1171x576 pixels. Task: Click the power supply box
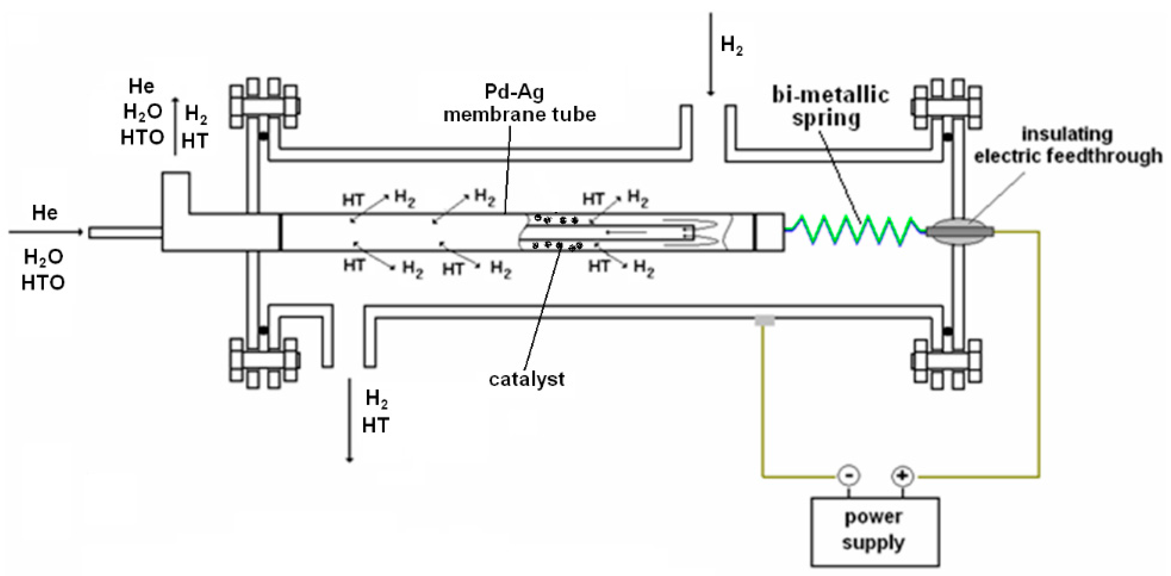875,532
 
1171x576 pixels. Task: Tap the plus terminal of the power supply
902,476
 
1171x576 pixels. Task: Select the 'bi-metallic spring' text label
830,107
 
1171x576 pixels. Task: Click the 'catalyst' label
526,379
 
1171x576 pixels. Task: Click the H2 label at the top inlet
731,45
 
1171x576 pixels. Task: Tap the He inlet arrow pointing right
46,232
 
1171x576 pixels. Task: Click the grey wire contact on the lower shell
764,321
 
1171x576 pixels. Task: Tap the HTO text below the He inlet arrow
43,283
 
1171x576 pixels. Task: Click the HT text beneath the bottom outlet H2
376,425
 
